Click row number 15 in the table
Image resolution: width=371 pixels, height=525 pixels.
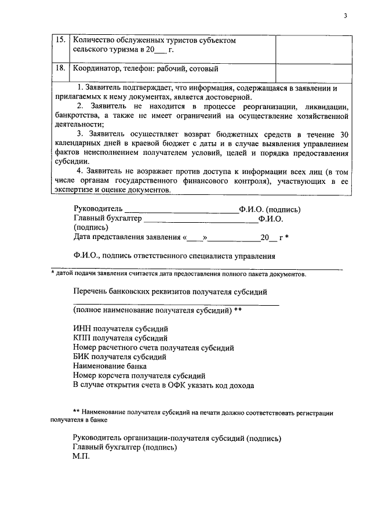tap(60, 41)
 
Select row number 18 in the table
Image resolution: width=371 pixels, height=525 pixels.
tap(60, 69)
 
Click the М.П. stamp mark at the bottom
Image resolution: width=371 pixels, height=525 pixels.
tap(81, 457)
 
